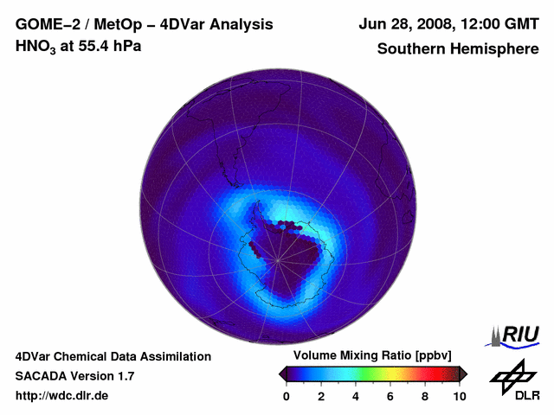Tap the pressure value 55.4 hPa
(x=107, y=46)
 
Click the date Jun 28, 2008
(x=405, y=23)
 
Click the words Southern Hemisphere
(x=457, y=48)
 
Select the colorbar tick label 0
(x=287, y=396)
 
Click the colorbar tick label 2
(x=321, y=396)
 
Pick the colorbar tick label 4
(x=356, y=396)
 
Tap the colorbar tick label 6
(x=390, y=396)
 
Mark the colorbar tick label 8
(x=425, y=396)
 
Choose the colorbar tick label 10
(x=459, y=396)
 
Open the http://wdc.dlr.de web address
(x=62, y=396)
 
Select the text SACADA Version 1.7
(x=74, y=376)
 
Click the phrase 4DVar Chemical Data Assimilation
(x=113, y=356)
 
